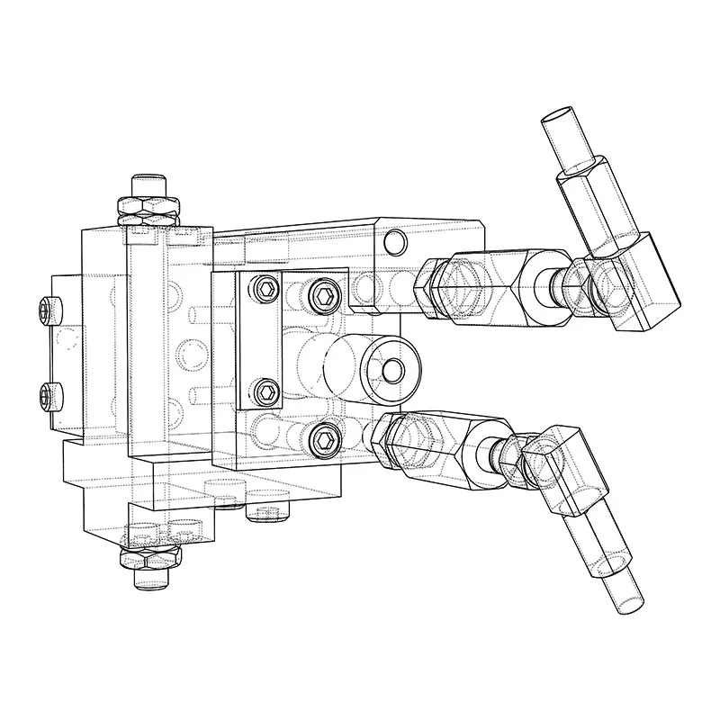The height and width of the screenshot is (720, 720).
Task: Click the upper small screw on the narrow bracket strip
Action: click(x=265, y=289)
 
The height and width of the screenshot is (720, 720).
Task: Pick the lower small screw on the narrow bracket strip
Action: click(x=265, y=391)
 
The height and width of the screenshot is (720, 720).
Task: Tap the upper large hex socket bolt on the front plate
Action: click(x=325, y=296)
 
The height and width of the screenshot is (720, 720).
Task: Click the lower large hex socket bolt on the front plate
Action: click(x=325, y=440)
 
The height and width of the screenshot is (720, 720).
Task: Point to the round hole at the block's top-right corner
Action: click(x=393, y=241)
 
